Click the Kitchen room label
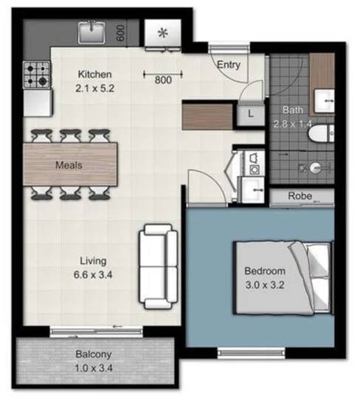coord(94,74)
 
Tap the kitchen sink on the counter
coord(92,31)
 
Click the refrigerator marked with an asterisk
coord(161,34)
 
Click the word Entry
coord(228,65)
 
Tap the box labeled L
coord(251,114)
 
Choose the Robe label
coord(300,196)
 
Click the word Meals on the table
coord(69,165)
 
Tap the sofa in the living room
coord(158,266)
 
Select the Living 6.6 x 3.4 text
coord(94,266)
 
